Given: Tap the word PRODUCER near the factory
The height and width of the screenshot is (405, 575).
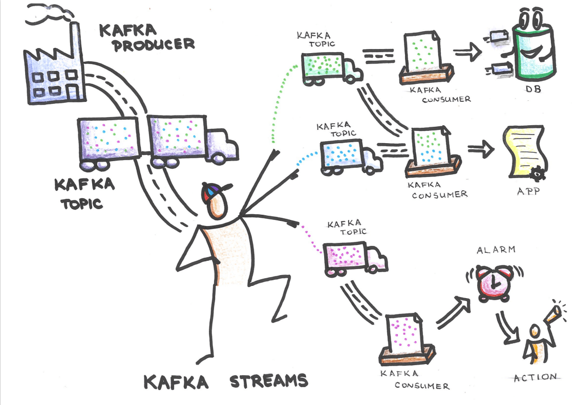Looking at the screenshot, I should (154, 44).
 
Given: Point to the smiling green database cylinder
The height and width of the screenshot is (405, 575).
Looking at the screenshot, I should (535, 49).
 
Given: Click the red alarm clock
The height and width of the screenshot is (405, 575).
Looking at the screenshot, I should (493, 282).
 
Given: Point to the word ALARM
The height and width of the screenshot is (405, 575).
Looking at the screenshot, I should (495, 251).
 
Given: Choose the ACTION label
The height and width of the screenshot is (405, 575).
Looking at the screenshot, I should (535, 377).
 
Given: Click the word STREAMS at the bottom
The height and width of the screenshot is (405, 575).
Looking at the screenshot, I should (268, 381).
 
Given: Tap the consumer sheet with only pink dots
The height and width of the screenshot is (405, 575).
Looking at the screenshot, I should (404, 332).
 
